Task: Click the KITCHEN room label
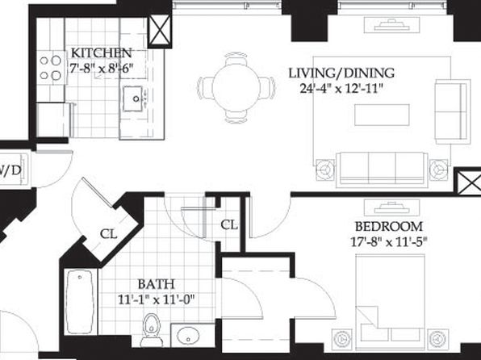(x=101, y=52)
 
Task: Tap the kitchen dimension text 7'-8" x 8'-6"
(x=102, y=68)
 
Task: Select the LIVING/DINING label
(x=341, y=73)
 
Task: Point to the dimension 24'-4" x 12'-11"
(x=341, y=89)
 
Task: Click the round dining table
(x=236, y=88)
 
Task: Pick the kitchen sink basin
(x=132, y=98)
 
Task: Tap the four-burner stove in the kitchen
(x=51, y=68)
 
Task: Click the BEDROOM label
(x=389, y=227)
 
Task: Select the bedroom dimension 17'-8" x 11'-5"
(x=389, y=242)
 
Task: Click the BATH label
(x=156, y=284)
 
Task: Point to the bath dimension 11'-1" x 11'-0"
(x=156, y=299)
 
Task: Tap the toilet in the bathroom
(x=152, y=330)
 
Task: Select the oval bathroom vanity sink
(x=188, y=335)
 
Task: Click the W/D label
(x=11, y=170)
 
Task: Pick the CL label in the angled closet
(x=109, y=234)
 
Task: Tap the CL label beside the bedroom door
(x=229, y=225)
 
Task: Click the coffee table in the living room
(x=382, y=115)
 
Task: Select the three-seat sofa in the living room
(x=382, y=170)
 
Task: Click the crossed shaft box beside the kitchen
(x=160, y=31)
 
